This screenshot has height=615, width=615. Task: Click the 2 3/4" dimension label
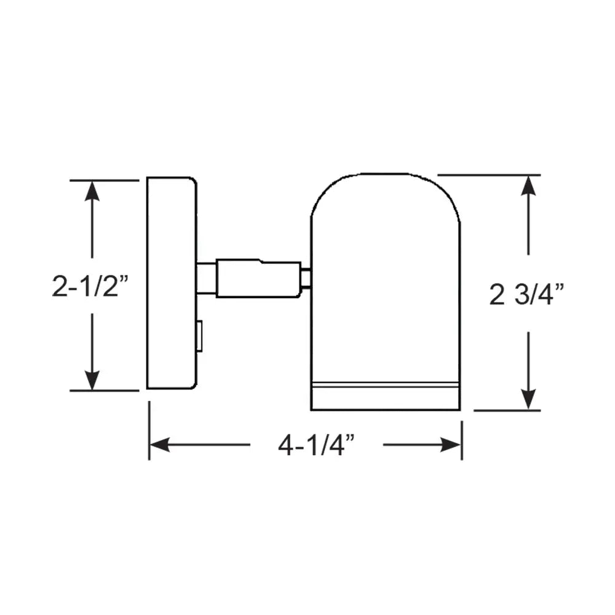point(527,296)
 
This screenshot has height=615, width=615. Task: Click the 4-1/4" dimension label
point(317,445)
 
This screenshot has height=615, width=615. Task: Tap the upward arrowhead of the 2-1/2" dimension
point(92,190)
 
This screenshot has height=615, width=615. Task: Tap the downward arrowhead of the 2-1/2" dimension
point(92,381)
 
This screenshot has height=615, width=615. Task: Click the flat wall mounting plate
point(170,283)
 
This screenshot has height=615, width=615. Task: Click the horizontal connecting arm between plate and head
point(258,279)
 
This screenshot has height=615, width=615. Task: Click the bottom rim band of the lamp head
point(386,397)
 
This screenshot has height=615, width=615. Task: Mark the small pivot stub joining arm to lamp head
point(306,279)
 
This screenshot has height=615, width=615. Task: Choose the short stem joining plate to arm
point(206,279)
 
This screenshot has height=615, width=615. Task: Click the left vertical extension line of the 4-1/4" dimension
point(149,430)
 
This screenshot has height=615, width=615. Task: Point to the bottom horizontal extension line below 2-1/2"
point(105,391)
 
